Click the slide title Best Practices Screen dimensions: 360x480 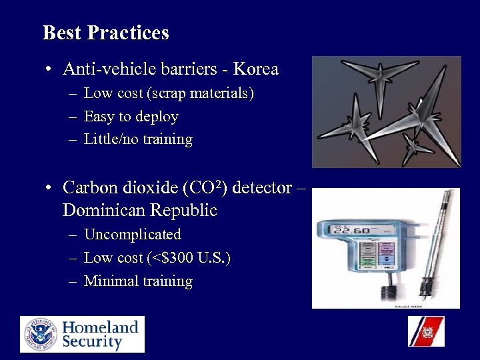(105, 33)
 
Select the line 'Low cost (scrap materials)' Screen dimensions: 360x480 (169, 93)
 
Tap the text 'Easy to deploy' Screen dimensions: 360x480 (131, 117)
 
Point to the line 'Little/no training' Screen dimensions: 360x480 (138, 139)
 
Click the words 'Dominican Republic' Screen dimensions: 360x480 (140, 211)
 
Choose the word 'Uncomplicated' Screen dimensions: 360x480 (133, 235)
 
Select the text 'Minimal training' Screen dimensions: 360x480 (138, 281)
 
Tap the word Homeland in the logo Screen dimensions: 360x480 (101, 327)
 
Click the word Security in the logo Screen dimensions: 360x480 (93, 343)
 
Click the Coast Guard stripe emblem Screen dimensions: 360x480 (426, 331)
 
